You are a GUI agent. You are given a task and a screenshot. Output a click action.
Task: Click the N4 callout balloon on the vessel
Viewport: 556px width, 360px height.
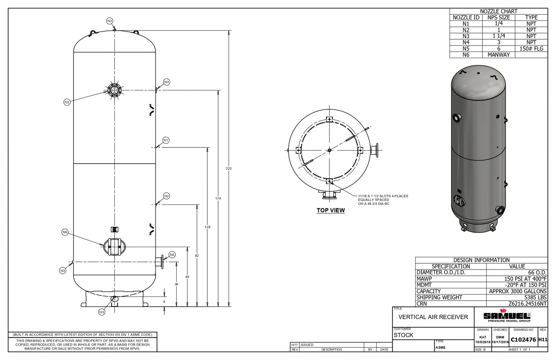click(167, 82)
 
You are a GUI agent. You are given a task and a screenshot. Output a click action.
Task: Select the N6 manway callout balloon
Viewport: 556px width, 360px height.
click(65, 232)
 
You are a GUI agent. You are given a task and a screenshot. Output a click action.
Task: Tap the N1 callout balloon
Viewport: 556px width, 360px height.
click(166, 140)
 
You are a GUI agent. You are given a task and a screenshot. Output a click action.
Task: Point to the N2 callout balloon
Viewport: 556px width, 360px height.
click(166, 196)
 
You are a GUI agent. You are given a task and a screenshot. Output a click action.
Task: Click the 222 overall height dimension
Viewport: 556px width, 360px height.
click(229, 169)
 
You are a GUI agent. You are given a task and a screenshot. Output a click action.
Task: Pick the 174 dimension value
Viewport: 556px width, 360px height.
click(218, 198)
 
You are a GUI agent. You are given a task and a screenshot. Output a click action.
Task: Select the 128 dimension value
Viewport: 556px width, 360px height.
click(207, 227)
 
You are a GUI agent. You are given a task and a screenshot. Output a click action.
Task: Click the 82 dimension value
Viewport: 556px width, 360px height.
click(197, 256)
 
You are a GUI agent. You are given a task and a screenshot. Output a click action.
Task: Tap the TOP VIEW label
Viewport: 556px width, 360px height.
click(331, 210)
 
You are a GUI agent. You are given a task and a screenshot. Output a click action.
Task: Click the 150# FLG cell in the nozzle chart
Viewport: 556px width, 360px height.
click(531, 49)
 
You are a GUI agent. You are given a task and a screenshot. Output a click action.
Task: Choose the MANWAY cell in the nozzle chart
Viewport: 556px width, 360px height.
click(498, 55)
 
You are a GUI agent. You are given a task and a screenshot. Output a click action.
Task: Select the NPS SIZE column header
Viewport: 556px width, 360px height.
click(498, 17)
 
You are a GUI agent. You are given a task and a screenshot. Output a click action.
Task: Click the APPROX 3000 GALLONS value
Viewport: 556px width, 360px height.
click(518, 291)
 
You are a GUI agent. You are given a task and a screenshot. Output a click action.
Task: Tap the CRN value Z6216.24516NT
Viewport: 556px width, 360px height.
click(528, 304)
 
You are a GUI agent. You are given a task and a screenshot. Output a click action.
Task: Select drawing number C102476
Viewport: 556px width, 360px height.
click(523, 340)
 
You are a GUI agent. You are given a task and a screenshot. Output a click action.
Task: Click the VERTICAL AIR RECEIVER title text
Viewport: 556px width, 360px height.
click(433, 317)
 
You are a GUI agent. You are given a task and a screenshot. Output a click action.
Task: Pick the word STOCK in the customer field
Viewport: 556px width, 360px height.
click(403, 335)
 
